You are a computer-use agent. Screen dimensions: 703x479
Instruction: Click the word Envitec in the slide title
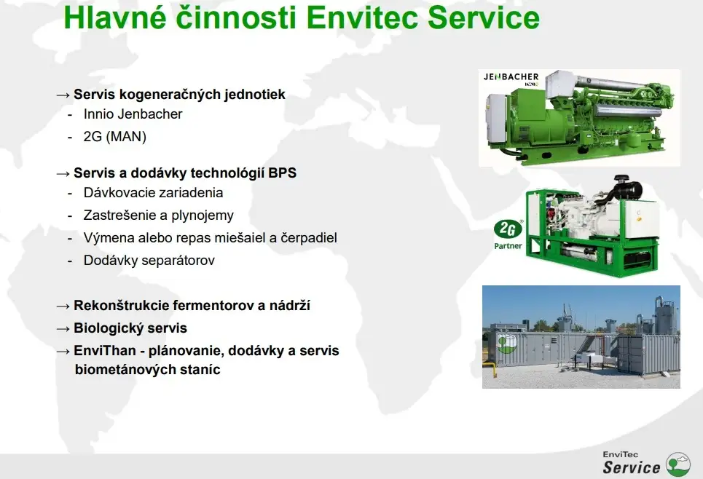pyautogui.click(x=364, y=17)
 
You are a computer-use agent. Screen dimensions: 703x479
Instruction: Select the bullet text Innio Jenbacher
pyautogui.click(x=133, y=114)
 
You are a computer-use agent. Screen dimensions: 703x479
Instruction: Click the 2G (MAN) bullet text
pyautogui.click(x=115, y=137)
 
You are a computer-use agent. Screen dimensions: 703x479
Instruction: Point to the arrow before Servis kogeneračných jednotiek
pyautogui.click(x=63, y=95)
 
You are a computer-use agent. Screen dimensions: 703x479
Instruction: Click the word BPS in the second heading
pyautogui.click(x=283, y=173)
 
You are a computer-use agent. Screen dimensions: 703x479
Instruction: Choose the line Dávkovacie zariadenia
pyautogui.click(x=153, y=193)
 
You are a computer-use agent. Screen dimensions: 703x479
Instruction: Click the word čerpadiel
pyautogui.click(x=309, y=238)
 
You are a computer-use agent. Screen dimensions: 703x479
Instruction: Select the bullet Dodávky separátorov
pyautogui.click(x=149, y=261)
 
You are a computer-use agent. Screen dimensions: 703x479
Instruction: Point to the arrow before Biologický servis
pyautogui.click(x=63, y=329)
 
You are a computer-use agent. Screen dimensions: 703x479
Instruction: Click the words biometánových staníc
pyautogui.click(x=147, y=370)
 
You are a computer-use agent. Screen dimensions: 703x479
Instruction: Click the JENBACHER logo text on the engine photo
pyautogui.click(x=511, y=77)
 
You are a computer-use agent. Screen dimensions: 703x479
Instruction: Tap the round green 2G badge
pyautogui.click(x=508, y=229)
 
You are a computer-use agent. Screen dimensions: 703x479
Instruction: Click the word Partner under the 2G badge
pyautogui.click(x=508, y=246)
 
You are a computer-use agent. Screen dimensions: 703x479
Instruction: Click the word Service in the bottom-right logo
pyautogui.click(x=632, y=467)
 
